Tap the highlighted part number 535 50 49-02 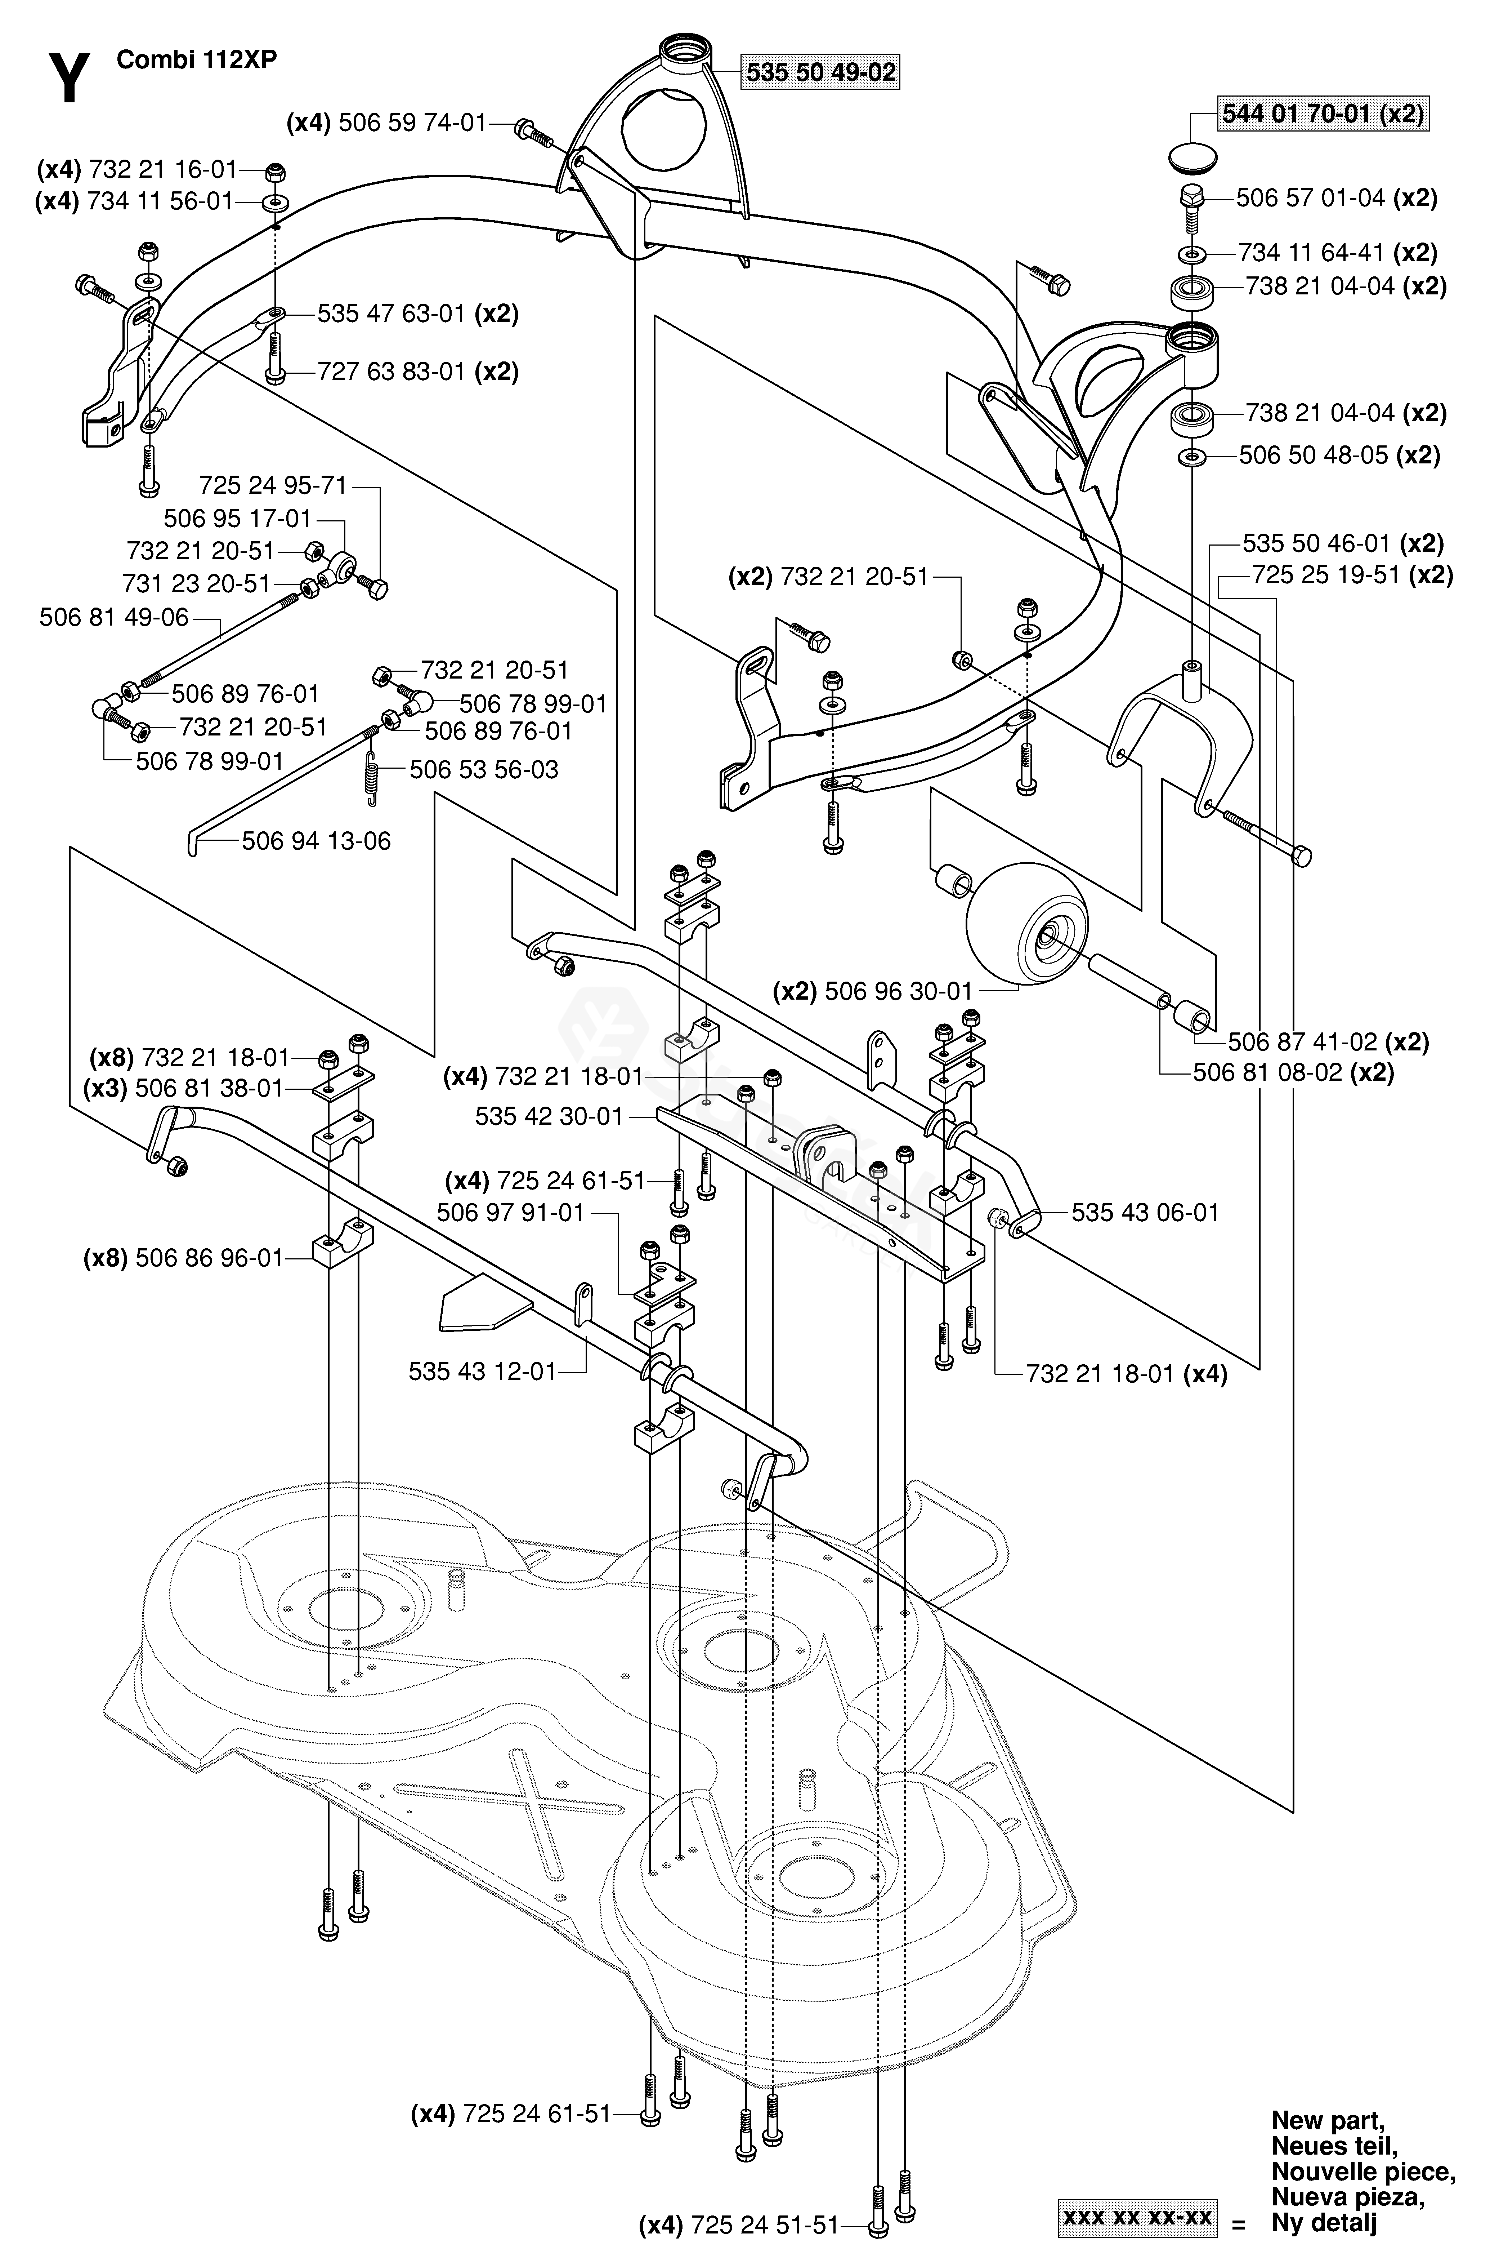tap(820, 72)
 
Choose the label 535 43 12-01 tap(483, 1371)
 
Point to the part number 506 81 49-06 tap(115, 617)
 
